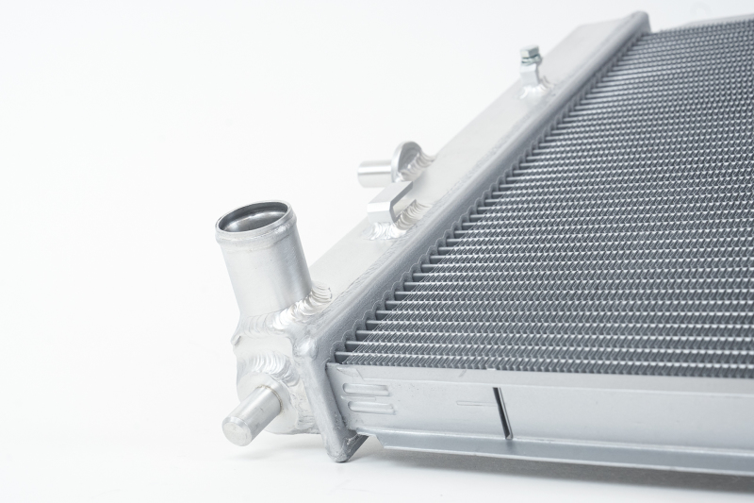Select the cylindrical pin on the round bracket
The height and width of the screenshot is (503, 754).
[374, 172]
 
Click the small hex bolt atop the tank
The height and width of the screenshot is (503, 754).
[531, 56]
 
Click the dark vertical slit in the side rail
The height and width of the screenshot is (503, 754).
[502, 412]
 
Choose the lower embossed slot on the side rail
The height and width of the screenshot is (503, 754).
[369, 408]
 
